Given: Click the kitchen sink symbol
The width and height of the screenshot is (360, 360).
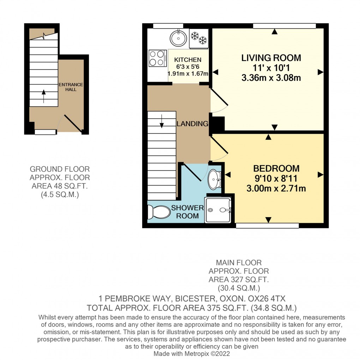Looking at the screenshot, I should coord(179,38).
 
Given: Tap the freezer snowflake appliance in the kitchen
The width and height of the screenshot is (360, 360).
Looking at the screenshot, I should coord(199,38).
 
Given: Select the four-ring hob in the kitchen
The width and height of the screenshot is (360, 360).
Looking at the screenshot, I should coord(158,58).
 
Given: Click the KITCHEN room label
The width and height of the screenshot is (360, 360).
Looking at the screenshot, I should coord(190,60).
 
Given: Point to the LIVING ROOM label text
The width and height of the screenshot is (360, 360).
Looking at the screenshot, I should coord(271,58).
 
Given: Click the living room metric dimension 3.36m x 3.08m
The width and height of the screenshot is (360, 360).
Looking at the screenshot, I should coord(271,78).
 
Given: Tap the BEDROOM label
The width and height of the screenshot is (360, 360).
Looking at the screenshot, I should coord(276,168).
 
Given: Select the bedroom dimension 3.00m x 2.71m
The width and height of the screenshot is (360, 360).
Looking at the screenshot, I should coord(276,188).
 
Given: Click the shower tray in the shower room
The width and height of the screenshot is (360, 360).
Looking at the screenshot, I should coord(218,210).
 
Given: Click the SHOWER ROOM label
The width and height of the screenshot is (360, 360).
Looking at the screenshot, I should coord(188,211).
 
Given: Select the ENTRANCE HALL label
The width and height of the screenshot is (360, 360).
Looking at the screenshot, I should coord(71,87).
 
